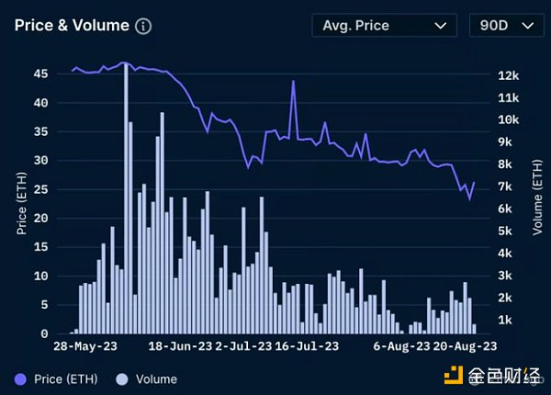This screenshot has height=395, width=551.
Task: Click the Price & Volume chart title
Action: (x=72, y=26)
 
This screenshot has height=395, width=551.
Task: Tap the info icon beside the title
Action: (x=143, y=26)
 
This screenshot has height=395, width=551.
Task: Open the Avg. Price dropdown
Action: (x=384, y=26)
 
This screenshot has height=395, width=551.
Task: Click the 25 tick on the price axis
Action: (x=39, y=189)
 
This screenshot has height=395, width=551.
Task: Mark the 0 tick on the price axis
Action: (x=43, y=333)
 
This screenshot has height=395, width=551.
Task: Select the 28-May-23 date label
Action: (x=84, y=346)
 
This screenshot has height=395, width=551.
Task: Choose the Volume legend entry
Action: (x=147, y=378)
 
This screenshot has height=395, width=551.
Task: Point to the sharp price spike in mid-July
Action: (x=294, y=82)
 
